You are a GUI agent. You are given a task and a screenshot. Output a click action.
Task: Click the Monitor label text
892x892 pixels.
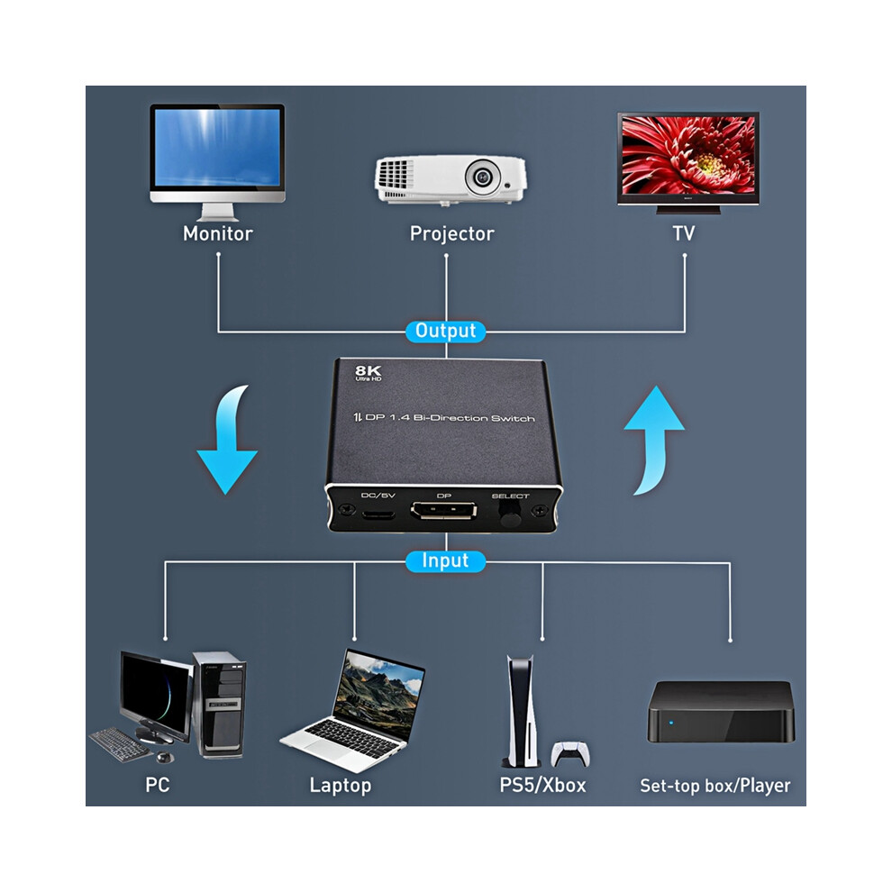[x=218, y=233]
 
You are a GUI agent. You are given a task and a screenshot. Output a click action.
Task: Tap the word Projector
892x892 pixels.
[x=451, y=233]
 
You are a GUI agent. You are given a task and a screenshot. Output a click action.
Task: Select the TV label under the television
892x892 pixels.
[x=683, y=233]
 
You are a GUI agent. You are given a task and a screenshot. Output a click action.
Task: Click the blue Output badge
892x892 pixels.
[x=445, y=331]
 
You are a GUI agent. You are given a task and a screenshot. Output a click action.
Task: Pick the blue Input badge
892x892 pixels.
[x=445, y=561]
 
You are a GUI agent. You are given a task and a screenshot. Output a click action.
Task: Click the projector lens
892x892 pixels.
[x=482, y=177]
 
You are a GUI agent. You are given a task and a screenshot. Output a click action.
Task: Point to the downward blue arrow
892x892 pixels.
[x=226, y=441]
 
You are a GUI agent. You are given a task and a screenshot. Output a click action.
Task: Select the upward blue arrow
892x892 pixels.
[x=654, y=441]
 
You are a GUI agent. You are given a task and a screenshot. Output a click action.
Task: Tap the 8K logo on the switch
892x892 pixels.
[x=369, y=373]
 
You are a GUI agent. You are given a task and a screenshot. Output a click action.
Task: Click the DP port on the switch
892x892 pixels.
[x=443, y=511]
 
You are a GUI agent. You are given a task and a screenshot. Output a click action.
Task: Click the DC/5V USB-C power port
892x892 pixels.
[x=378, y=515]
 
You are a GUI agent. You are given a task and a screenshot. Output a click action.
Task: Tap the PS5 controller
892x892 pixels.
[x=570, y=754]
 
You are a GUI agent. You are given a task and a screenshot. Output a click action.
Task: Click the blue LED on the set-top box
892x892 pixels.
[x=671, y=723]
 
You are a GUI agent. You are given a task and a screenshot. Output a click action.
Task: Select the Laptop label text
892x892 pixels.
[x=341, y=786]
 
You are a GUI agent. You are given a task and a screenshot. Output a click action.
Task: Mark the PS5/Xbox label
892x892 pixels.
[x=542, y=786]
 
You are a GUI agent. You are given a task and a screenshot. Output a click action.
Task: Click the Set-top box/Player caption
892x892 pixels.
[x=715, y=787]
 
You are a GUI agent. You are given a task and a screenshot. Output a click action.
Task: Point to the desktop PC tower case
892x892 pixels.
[x=221, y=705]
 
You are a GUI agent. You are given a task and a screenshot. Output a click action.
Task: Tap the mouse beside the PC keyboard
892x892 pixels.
[x=164, y=758]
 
